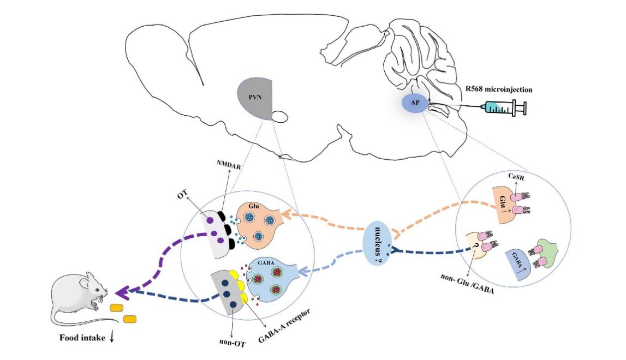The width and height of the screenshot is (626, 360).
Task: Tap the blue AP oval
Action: click(415, 103)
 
